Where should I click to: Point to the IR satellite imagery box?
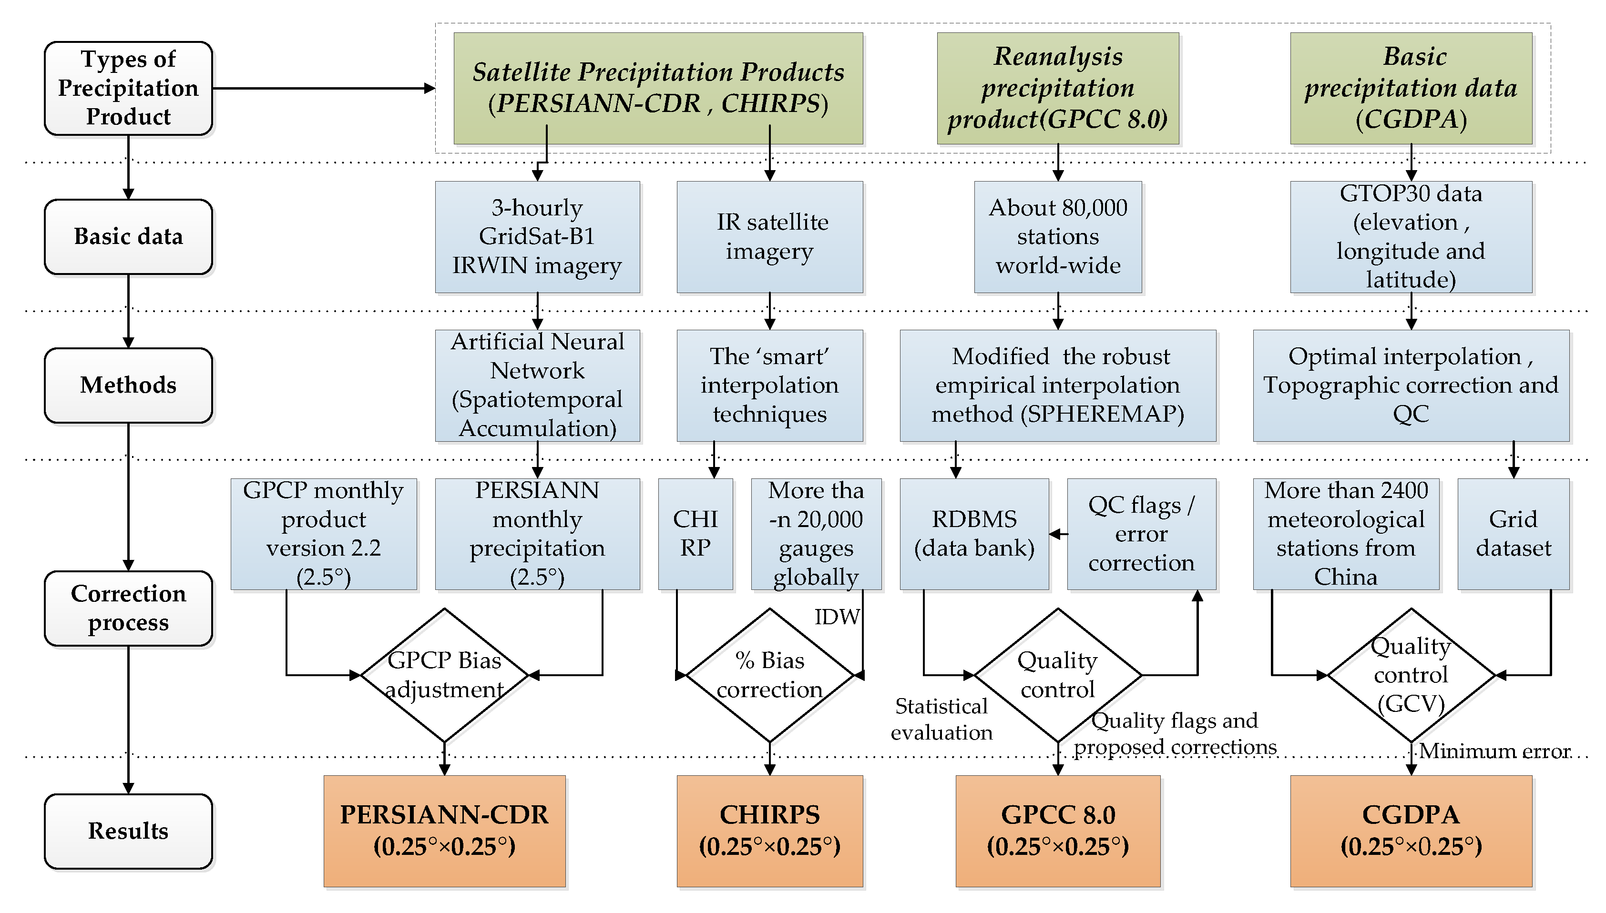769,236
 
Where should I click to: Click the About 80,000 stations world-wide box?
1057,236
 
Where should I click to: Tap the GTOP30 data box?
1411,236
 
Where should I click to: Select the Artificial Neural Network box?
537,385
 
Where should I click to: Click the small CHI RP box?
695,534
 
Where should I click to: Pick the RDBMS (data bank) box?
974,534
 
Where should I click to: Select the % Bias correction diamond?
769,675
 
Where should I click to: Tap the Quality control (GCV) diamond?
1411,675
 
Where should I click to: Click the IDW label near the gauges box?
837,617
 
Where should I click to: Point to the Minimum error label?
1494,751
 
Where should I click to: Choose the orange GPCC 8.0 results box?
1057,831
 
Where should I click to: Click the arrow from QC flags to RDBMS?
1059,534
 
